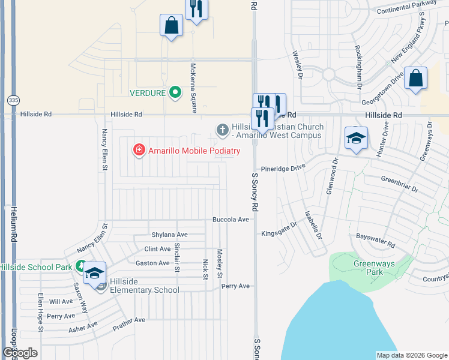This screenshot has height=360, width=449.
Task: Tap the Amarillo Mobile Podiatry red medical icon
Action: (139, 150)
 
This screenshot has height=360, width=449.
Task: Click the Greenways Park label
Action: (368, 267)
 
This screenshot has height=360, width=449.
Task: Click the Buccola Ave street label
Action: (231, 220)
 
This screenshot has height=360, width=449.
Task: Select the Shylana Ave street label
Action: (170, 235)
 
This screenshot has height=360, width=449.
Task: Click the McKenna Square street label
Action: (193, 88)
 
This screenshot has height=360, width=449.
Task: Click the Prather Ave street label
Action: (129, 325)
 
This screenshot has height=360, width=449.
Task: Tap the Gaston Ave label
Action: (152, 263)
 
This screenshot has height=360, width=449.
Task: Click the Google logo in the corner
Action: (20, 353)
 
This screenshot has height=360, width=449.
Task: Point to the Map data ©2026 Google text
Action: (412, 355)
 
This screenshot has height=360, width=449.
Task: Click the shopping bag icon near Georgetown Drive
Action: (415, 79)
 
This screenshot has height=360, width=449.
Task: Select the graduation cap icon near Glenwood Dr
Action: (356, 139)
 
